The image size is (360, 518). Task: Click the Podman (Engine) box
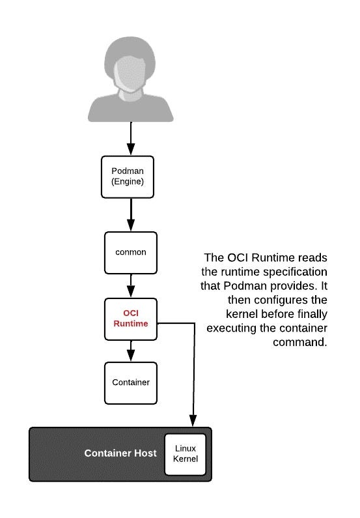[x=128, y=177]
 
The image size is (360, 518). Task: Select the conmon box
[x=131, y=253]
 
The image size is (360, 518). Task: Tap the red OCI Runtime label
[x=131, y=319]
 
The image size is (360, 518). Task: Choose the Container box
[x=131, y=383]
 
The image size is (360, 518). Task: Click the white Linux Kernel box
[x=185, y=454]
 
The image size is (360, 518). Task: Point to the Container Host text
[x=120, y=453]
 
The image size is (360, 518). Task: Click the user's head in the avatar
[x=130, y=66]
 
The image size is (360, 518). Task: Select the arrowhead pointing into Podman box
[x=131, y=149]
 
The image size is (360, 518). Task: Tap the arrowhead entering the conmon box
[x=131, y=225]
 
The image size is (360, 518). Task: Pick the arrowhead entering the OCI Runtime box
[x=131, y=292]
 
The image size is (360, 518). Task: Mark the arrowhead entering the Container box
[x=131, y=356]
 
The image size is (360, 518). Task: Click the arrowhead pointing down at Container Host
[x=193, y=421]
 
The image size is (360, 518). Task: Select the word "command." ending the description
[x=300, y=342]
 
